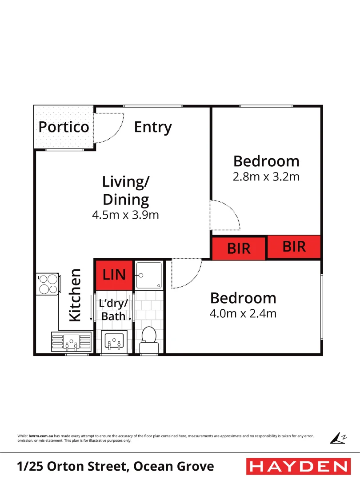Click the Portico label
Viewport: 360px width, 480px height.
click(x=64, y=127)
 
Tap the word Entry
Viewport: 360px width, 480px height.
click(x=153, y=127)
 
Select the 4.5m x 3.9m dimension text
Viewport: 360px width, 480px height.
click(x=125, y=216)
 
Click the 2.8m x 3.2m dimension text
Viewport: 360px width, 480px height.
click(x=266, y=177)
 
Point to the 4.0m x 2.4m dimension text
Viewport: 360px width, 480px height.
click(x=243, y=314)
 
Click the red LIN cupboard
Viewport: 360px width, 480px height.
click(x=114, y=275)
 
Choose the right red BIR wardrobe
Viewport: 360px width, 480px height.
click(x=294, y=247)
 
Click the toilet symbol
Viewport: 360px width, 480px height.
click(x=148, y=340)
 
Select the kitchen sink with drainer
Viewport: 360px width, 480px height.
click(x=70, y=342)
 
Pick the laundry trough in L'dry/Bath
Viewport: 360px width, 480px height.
click(x=114, y=342)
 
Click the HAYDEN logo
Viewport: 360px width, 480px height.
click(x=298, y=467)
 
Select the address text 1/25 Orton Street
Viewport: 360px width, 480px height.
click(x=116, y=467)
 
